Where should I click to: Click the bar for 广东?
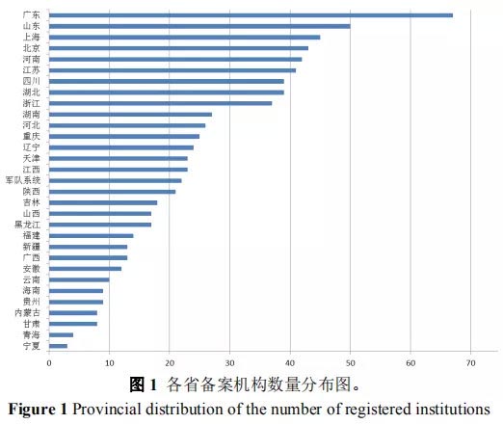pyautogui.click(x=251, y=15)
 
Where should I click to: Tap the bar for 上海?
pyautogui.click(x=184, y=38)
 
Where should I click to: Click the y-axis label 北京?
pyautogui.click(x=31, y=48)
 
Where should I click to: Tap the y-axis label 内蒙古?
pyautogui.click(x=26, y=312)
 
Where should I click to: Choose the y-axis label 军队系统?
pyautogui.click(x=23, y=180)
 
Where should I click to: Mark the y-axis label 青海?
pyautogui.click(x=31, y=334)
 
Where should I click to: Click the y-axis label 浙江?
pyautogui.click(x=31, y=103)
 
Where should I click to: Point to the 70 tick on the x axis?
pyautogui.click(x=471, y=362)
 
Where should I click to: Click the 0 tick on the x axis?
pyautogui.click(x=49, y=362)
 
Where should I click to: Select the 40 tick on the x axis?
pyautogui.click(x=290, y=362)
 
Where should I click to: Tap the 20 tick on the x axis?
pyautogui.click(x=170, y=362)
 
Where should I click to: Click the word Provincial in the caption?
pyautogui.click(x=111, y=408)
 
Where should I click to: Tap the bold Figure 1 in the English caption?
pyautogui.click(x=39, y=408)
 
